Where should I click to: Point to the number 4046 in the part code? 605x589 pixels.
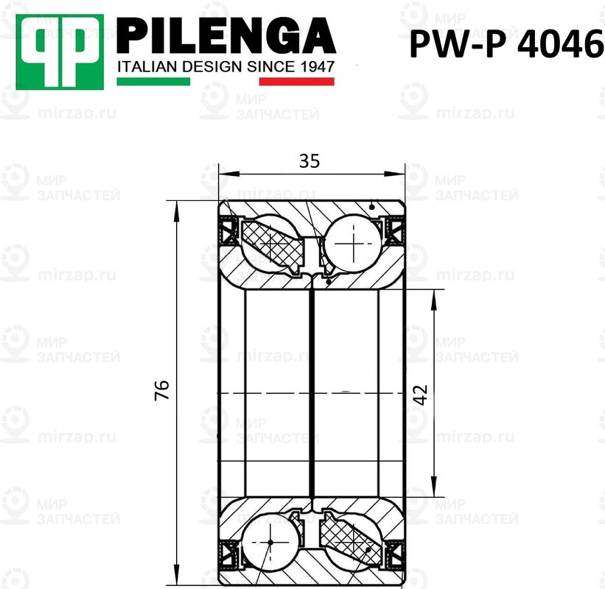pyautogui.click(x=558, y=46)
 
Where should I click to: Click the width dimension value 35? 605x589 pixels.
pyautogui.click(x=310, y=161)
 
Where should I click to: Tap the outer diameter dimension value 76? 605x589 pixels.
pyautogui.click(x=163, y=390)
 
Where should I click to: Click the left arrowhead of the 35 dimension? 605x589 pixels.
pyautogui.click(x=225, y=174)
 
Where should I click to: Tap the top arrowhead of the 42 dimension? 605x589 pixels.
pyautogui.click(x=435, y=294)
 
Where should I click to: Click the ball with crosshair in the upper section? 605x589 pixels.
pyautogui.click(x=356, y=244)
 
